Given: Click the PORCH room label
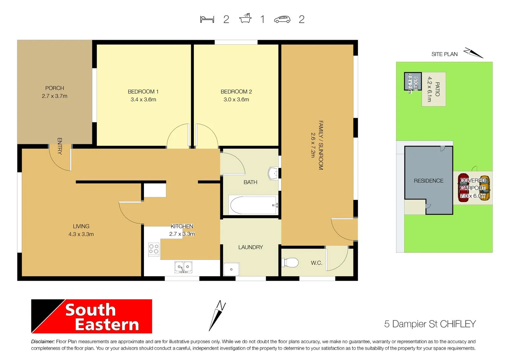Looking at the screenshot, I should (x=55, y=88).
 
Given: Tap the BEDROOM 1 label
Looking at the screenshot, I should (x=143, y=92).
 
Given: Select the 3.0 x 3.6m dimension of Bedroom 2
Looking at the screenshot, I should (x=236, y=100).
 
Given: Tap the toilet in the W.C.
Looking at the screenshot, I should (x=290, y=263).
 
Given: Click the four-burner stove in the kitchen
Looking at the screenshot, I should (x=154, y=249).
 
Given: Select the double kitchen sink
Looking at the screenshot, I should (x=183, y=267).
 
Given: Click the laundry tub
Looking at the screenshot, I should (x=231, y=269).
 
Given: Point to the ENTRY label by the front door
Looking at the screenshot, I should (x=60, y=146).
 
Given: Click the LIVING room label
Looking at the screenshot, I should (x=81, y=226).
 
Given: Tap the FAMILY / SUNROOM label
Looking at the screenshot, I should (x=321, y=145).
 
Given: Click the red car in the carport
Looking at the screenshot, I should (x=463, y=187).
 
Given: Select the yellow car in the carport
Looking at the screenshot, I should (x=485, y=188).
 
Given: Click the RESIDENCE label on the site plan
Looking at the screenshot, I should (x=428, y=181).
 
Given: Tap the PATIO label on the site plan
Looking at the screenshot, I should (x=437, y=89).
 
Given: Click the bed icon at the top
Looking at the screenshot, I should (x=207, y=19).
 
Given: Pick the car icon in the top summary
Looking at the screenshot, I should (x=282, y=20).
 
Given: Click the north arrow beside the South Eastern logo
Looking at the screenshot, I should (x=217, y=315).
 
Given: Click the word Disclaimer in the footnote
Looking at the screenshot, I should (x=43, y=342).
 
